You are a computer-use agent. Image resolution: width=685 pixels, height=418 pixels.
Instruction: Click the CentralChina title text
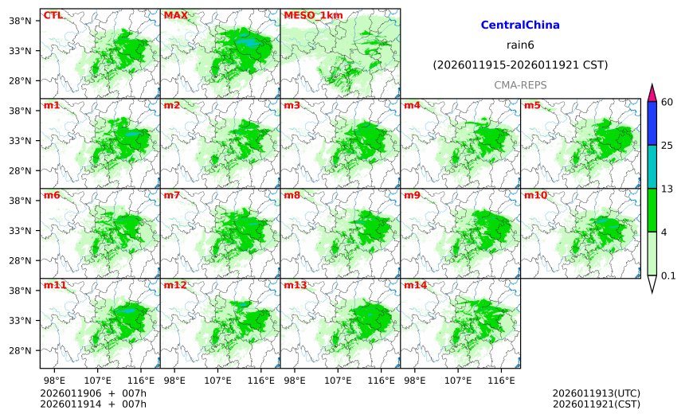[x=520, y=25]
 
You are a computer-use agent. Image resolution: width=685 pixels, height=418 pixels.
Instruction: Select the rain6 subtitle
[x=520, y=45]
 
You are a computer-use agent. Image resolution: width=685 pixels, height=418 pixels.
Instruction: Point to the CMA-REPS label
[x=520, y=84]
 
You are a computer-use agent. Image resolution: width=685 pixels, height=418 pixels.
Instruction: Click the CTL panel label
[x=53, y=15]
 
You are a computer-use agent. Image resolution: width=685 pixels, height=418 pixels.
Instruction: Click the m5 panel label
[x=532, y=105]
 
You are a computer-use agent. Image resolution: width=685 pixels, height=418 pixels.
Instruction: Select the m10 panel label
[x=535, y=195]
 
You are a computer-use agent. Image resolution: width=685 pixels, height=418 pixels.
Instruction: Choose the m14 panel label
[x=415, y=285]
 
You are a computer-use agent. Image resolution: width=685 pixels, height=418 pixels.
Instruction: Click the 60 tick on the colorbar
[x=667, y=102]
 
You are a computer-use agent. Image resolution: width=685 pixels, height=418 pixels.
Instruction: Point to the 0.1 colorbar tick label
[x=669, y=276]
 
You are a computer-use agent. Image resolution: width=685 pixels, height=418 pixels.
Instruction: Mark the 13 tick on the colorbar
[x=667, y=189]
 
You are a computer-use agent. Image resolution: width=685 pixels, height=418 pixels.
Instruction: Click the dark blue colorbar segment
[x=652, y=123]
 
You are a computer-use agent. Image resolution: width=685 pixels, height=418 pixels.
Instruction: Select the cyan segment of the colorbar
[x=652, y=166]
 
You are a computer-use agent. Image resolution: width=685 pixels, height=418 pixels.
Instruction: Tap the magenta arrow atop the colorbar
[x=652, y=92]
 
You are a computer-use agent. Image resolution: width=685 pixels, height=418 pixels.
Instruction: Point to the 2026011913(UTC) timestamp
[x=596, y=393]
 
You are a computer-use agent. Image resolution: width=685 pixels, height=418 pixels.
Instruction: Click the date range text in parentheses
[x=520, y=64]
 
